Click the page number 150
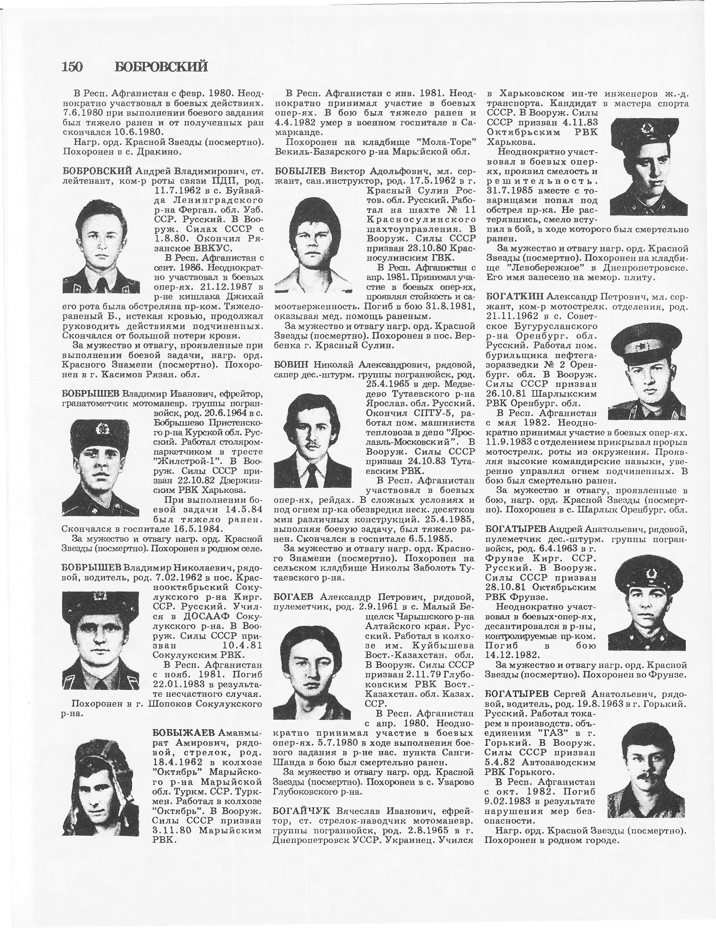pos(72,67)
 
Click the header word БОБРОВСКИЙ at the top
pos(162,67)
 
